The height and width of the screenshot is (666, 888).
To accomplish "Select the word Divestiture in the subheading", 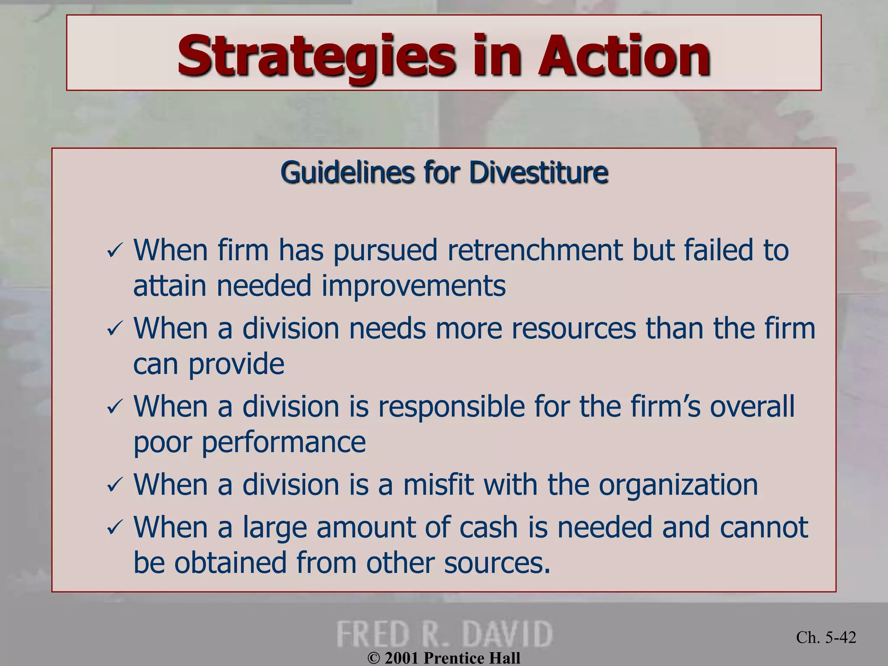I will [538, 173].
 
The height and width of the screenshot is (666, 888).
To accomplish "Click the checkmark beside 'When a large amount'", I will [115, 528].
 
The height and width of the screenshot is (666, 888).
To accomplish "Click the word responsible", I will [451, 407].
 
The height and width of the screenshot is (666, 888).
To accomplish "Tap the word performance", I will [284, 442].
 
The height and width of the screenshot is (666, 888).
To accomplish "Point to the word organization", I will [678, 485].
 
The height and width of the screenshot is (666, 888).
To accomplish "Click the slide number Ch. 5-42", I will [826, 637].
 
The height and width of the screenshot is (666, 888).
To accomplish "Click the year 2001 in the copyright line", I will [402, 658].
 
